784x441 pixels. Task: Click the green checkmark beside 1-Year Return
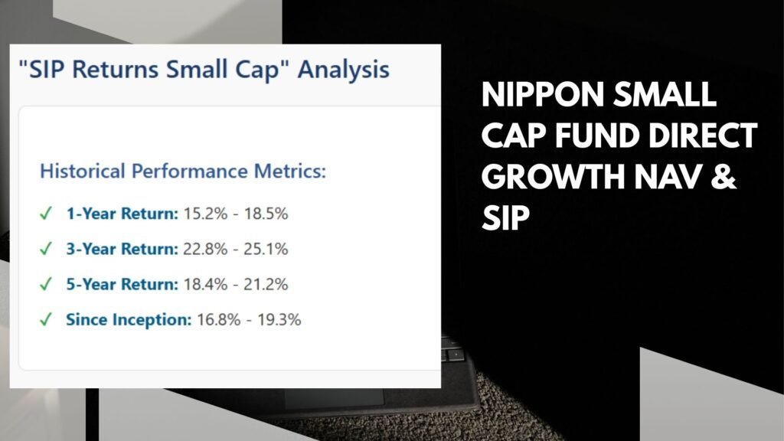pyautogui.click(x=45, y=214)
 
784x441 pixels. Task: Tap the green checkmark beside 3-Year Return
pyautogui.click(x=45, y=249)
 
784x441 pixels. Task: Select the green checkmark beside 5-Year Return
pyautogui.click(x=45, y=284)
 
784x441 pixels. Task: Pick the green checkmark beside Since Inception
pyautogui.click(x=45, y=319)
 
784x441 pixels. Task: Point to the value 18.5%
pyautogui.click(x=266, y=214)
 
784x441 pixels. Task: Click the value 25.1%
pyautogui.click(x=266, y=249)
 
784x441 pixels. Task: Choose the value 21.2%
pyautogui.click(x=266, y=284)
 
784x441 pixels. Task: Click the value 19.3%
pyautogui.click(x=279, y=319)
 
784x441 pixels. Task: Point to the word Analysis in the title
pyautogui.click(x=344, y=70)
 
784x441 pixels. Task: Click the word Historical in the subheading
pyautogui.click(x=83, y=171)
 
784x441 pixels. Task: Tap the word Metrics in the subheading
pyautogui.click(x=290, y=171)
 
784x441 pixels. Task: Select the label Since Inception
pyautogui.click(x=129, y=319)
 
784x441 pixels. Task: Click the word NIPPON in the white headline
pyautogui.click(x=543, y=94)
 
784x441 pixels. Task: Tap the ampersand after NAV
pyautogui.click(x=723, y=177)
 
